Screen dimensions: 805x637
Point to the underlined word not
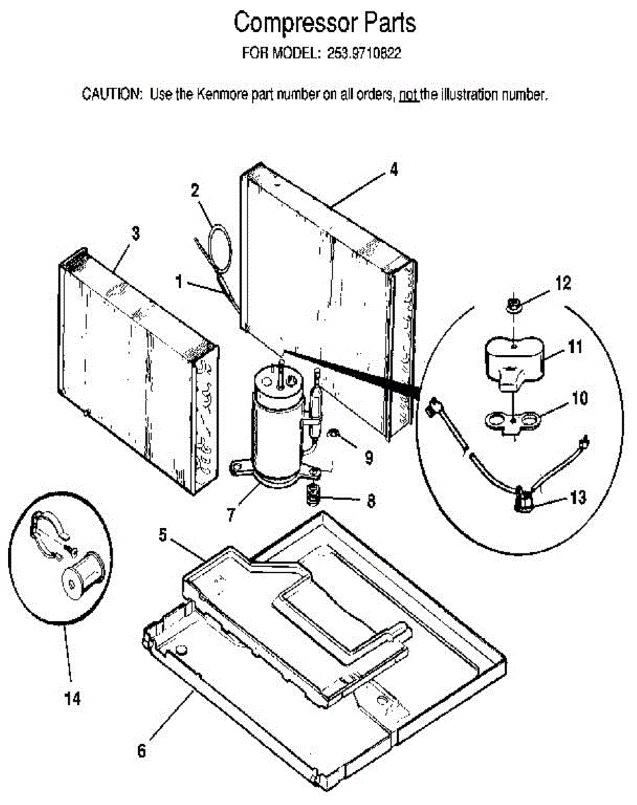[408, 95]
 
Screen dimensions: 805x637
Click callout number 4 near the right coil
[394, 170]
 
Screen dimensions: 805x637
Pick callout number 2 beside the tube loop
[195, 191]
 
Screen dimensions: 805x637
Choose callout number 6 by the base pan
[141, 751]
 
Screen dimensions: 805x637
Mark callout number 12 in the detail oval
[563, 284]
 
